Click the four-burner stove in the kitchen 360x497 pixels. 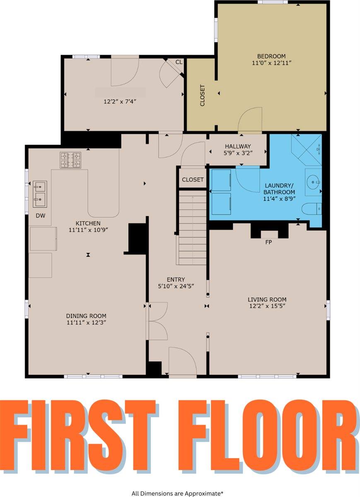70,160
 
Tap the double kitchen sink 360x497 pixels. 40,194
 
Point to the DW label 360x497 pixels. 41,215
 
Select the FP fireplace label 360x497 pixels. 268,242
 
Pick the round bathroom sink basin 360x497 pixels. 313,182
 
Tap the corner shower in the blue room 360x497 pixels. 306,150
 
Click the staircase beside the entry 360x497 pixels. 193,227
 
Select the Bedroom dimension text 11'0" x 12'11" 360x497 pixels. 271,63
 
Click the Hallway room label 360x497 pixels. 238,146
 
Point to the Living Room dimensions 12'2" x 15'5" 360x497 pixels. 267,306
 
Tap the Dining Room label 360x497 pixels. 86,316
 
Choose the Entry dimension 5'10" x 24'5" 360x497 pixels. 176,286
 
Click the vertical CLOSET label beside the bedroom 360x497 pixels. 202,95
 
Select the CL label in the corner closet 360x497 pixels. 179,62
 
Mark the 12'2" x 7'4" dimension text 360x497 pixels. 120,101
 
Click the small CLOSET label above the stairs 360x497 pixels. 193,179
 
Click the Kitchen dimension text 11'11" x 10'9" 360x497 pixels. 88,229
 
